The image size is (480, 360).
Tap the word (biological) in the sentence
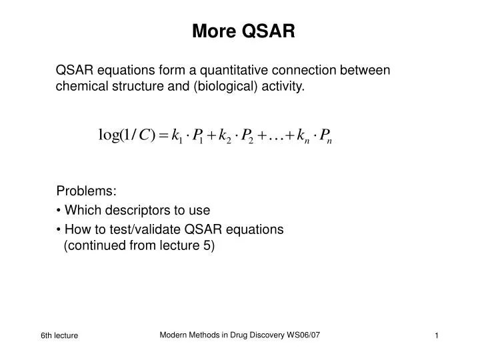click(x=225, y=86)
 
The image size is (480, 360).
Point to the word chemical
click(x=79, y=86)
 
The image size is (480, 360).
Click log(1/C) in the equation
click(x=127, y=135)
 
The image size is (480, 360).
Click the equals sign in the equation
click(x=163, y=135)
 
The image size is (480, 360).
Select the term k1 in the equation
click(x=177, y=137)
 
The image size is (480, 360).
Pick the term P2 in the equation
click(x=247, y=137)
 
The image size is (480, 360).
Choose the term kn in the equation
click(x=304, y=137)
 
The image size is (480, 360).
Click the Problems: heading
click(x=86, y=192)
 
